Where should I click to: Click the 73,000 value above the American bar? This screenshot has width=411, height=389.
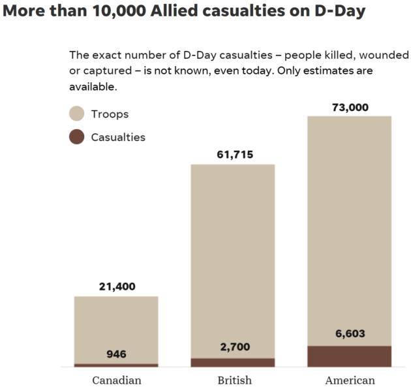pyautogui.click(x=348, y=107)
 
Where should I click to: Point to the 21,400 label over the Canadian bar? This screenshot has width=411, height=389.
pyautogui.click(x=116, y=287)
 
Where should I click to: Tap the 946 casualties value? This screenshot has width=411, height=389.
pyautogui.click(x=116, y=354)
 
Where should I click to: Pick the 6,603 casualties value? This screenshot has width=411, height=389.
pyautogui.click(x=348, y=334)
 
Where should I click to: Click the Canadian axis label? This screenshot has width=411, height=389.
pyautogui.click(x=116, y=380)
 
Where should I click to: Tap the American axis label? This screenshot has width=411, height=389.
pyautogui.click(x=348, y=380)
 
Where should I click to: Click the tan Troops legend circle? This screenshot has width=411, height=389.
pyautogui.click(x=77, y=114)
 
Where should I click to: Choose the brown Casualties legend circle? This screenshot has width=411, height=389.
pyautogui.click(x=77, y=137)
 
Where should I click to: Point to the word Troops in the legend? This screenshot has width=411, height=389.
pyautogui.click(x=110, y=114)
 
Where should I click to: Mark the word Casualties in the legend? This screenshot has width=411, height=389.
pyautogui.click(x=118, y=137)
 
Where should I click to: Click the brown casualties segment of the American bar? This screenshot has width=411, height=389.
pyautogui.click(x=348, y=356)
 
